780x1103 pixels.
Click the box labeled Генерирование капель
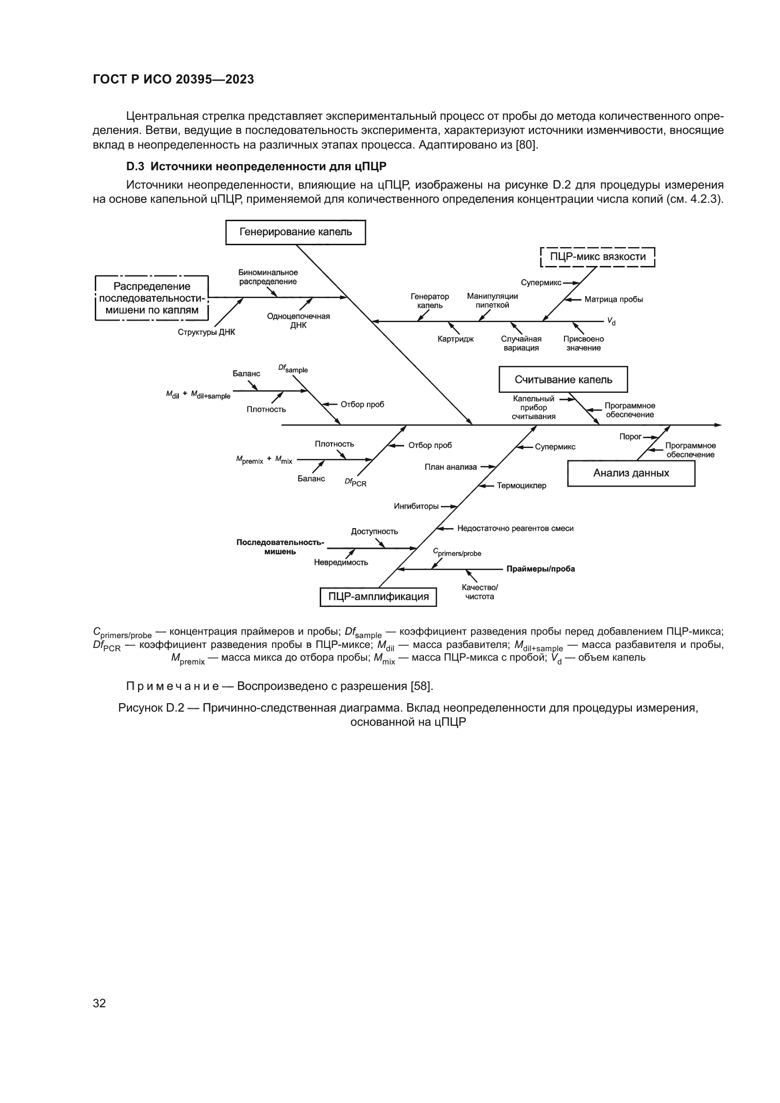(x=295, y=232)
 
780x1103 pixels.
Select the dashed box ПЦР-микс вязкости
(x=597, y=257)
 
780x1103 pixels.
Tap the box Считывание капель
(x=563, y=380)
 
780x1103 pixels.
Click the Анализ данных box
(x=631, y=473)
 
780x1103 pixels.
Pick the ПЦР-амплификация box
(x=378, y=597)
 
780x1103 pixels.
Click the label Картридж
(x=456, y=339)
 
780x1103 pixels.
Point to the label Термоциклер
(x=521, y=486)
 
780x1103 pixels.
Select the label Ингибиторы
(x=416, y=506)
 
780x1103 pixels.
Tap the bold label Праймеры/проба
(x=540, y=569)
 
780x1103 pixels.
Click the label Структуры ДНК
(x=206, y=332)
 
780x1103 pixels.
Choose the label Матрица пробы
(x=614, y=300)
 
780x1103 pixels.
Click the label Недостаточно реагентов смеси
(x=515, y=529)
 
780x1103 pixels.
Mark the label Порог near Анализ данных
(x=630, y=437)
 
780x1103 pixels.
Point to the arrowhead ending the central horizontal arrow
(x=719, y=425)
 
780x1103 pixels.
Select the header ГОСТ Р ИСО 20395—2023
(x=174, y=80)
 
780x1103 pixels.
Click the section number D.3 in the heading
(x=135, y=166)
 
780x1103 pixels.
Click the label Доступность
(x=374, y=531)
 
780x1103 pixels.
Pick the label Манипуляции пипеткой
(x=492, y=301)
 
